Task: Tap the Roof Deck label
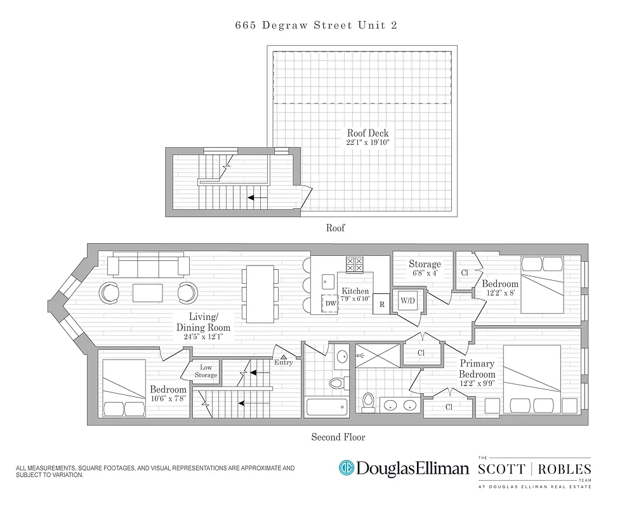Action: click(x=367, y=133)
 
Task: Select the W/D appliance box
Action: click(x=407, y=301)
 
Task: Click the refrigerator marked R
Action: click(x=381, y=304)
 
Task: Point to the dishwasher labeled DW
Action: click(x=330, y=304)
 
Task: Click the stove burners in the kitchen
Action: click(x=354, y=264)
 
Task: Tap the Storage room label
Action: click(x=425, y=264)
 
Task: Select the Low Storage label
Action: click(x=207, y=371)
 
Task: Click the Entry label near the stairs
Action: click(x=284, y=362)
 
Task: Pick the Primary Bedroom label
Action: click(x=477, y=369)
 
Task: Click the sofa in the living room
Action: click(x=149, y=265)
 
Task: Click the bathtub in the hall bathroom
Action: click(x=326, y=406)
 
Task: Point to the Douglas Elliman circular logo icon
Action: click(x=346, y=469)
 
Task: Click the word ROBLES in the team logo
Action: click(x=566, y=470)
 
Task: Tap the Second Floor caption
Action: click(x=338, y=437)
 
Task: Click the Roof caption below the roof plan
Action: click(x=335, y=227)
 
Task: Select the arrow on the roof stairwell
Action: click(x=256, y=197)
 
